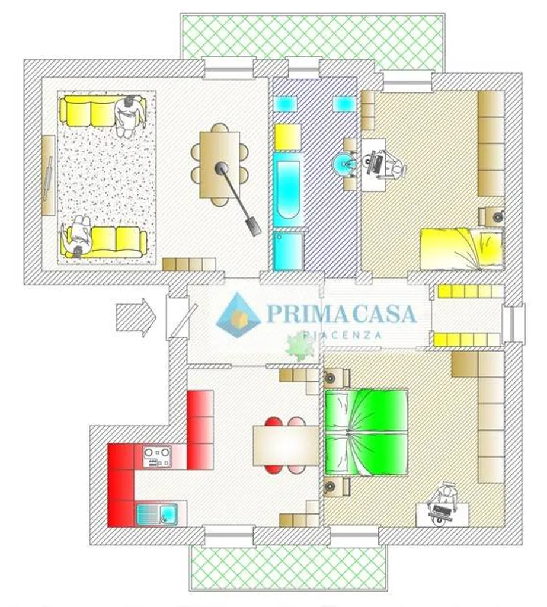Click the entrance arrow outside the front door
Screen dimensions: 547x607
(136, 318)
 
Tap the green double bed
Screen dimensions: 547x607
(366, 432)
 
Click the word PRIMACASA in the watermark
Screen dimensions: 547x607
(341, 314)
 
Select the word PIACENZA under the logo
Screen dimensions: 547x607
(342, 335)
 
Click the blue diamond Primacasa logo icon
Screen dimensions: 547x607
(238, 315)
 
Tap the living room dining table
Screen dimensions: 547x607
(219, 165)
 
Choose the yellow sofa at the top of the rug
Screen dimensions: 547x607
(103, 111)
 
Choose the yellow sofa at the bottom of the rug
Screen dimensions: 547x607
(104, 242)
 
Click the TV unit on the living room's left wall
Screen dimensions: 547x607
(49, 175)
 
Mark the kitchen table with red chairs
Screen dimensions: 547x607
(286, 445)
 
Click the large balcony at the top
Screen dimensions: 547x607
(312, 42)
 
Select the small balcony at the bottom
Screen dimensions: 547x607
(287, 566)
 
